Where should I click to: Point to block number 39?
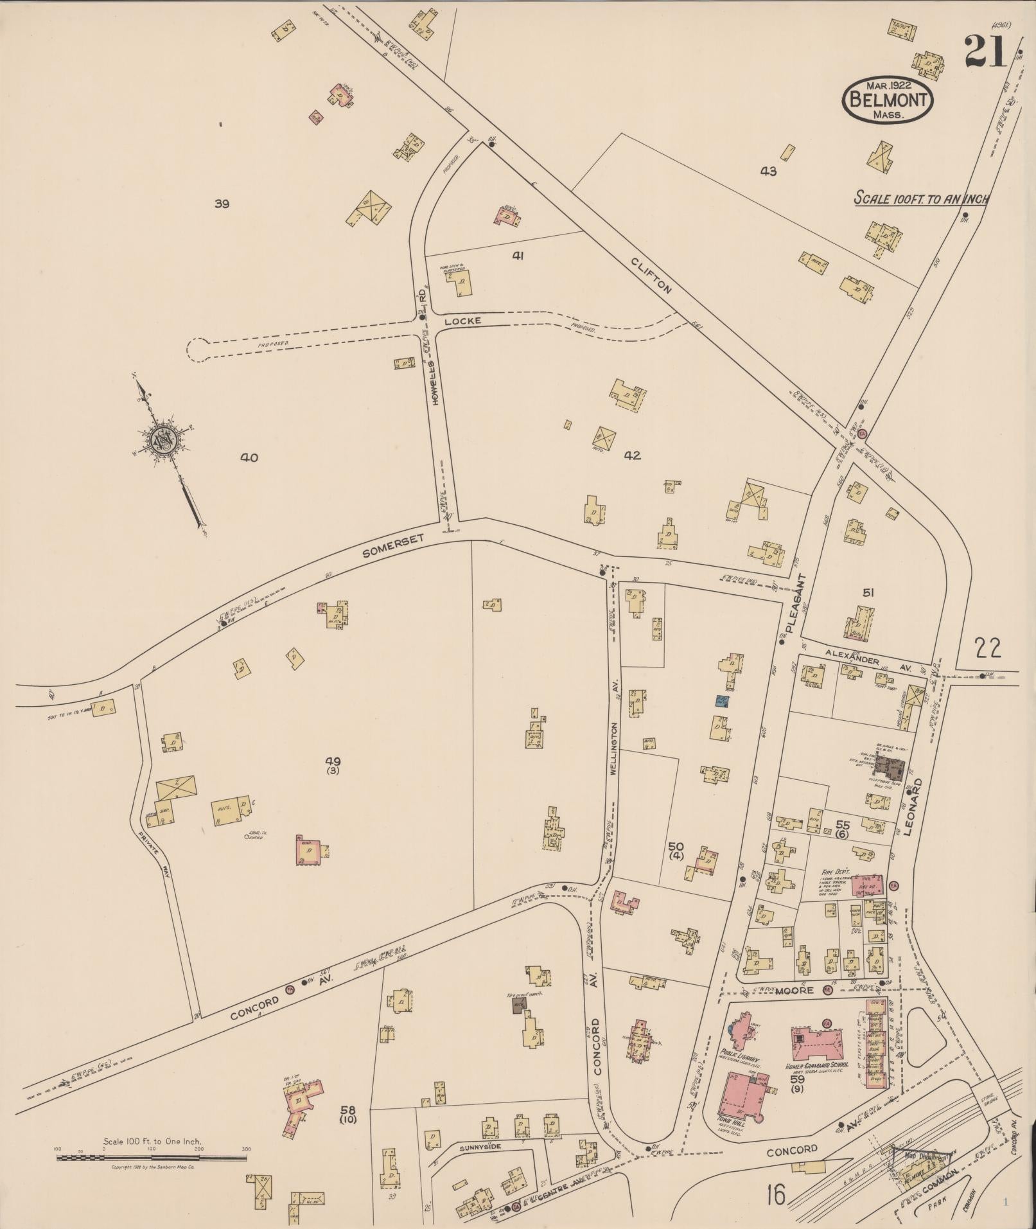(222, 204)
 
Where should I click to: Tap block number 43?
(768, 172)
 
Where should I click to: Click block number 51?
(868, 592)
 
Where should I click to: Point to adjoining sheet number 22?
(987, 649)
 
